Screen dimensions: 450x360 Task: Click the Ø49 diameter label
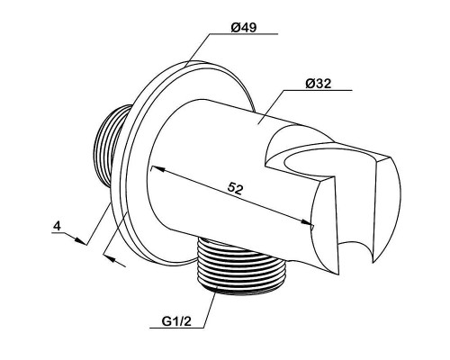point(244,28)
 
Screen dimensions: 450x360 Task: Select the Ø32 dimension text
point(319,84)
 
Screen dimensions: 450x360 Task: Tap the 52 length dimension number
point(235,188)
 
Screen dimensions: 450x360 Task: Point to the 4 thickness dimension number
point(57,226)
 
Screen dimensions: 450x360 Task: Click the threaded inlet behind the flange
point(111,144)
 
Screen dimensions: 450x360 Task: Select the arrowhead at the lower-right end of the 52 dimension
point(306,222)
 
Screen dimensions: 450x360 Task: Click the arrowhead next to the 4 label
point(79,240)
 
